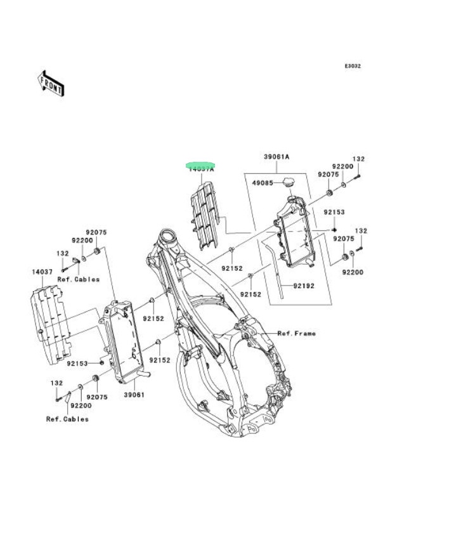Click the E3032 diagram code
tap(353, 66)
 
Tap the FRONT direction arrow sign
tap(51, 84)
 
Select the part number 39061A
tap(276, 156)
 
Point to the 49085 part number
tap(263, 183)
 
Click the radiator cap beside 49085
tap(290, 183)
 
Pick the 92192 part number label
tap(304, 286)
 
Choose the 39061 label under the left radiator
tap(134, 395)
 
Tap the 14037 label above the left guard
tap(42, 272)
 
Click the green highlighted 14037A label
tap(200, 168)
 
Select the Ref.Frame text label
tap(296, 333)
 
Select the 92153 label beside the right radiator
tap(334, 212)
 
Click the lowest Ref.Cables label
tap(67, 419)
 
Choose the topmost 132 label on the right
tap(359, 159)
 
